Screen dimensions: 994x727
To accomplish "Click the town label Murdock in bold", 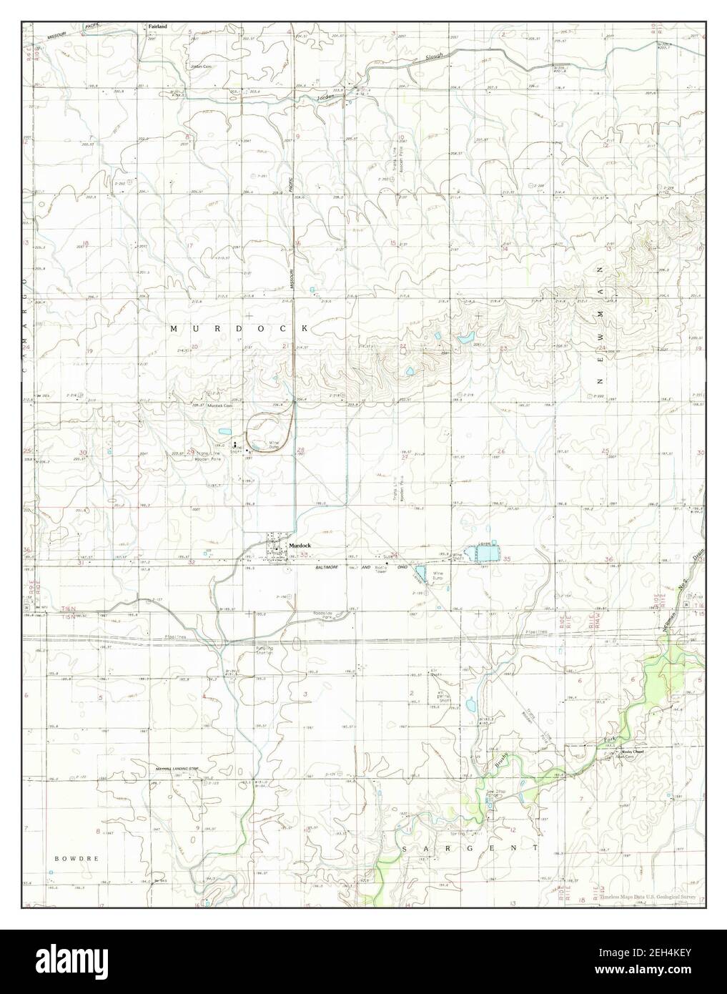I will pyautogui.click(x=300, y=546).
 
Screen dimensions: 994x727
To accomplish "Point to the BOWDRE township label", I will pyautogui.click(x=76, y=857).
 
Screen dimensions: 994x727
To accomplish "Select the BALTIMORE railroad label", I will pyautogui.click(x=334, y=566).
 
